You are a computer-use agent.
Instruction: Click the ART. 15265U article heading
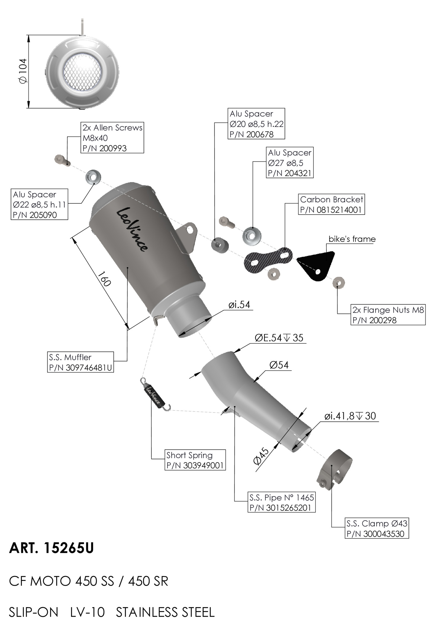click(52, 548)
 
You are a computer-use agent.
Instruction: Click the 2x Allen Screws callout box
click(112, 137)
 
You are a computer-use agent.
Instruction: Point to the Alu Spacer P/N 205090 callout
click(39, 204)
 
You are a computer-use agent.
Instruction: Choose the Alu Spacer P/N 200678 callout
click(256, 124)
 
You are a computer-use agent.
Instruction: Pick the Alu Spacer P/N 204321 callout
click(289, 163)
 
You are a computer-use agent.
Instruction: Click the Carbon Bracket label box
click(331, 204)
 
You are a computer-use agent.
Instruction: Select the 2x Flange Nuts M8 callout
click(388, 315)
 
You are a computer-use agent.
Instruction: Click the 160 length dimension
click(104, 279)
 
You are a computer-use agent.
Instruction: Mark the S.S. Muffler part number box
click(81, 362)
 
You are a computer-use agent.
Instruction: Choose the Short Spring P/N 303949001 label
click(195, 460)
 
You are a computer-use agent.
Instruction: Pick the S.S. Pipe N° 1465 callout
click(281, 502)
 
